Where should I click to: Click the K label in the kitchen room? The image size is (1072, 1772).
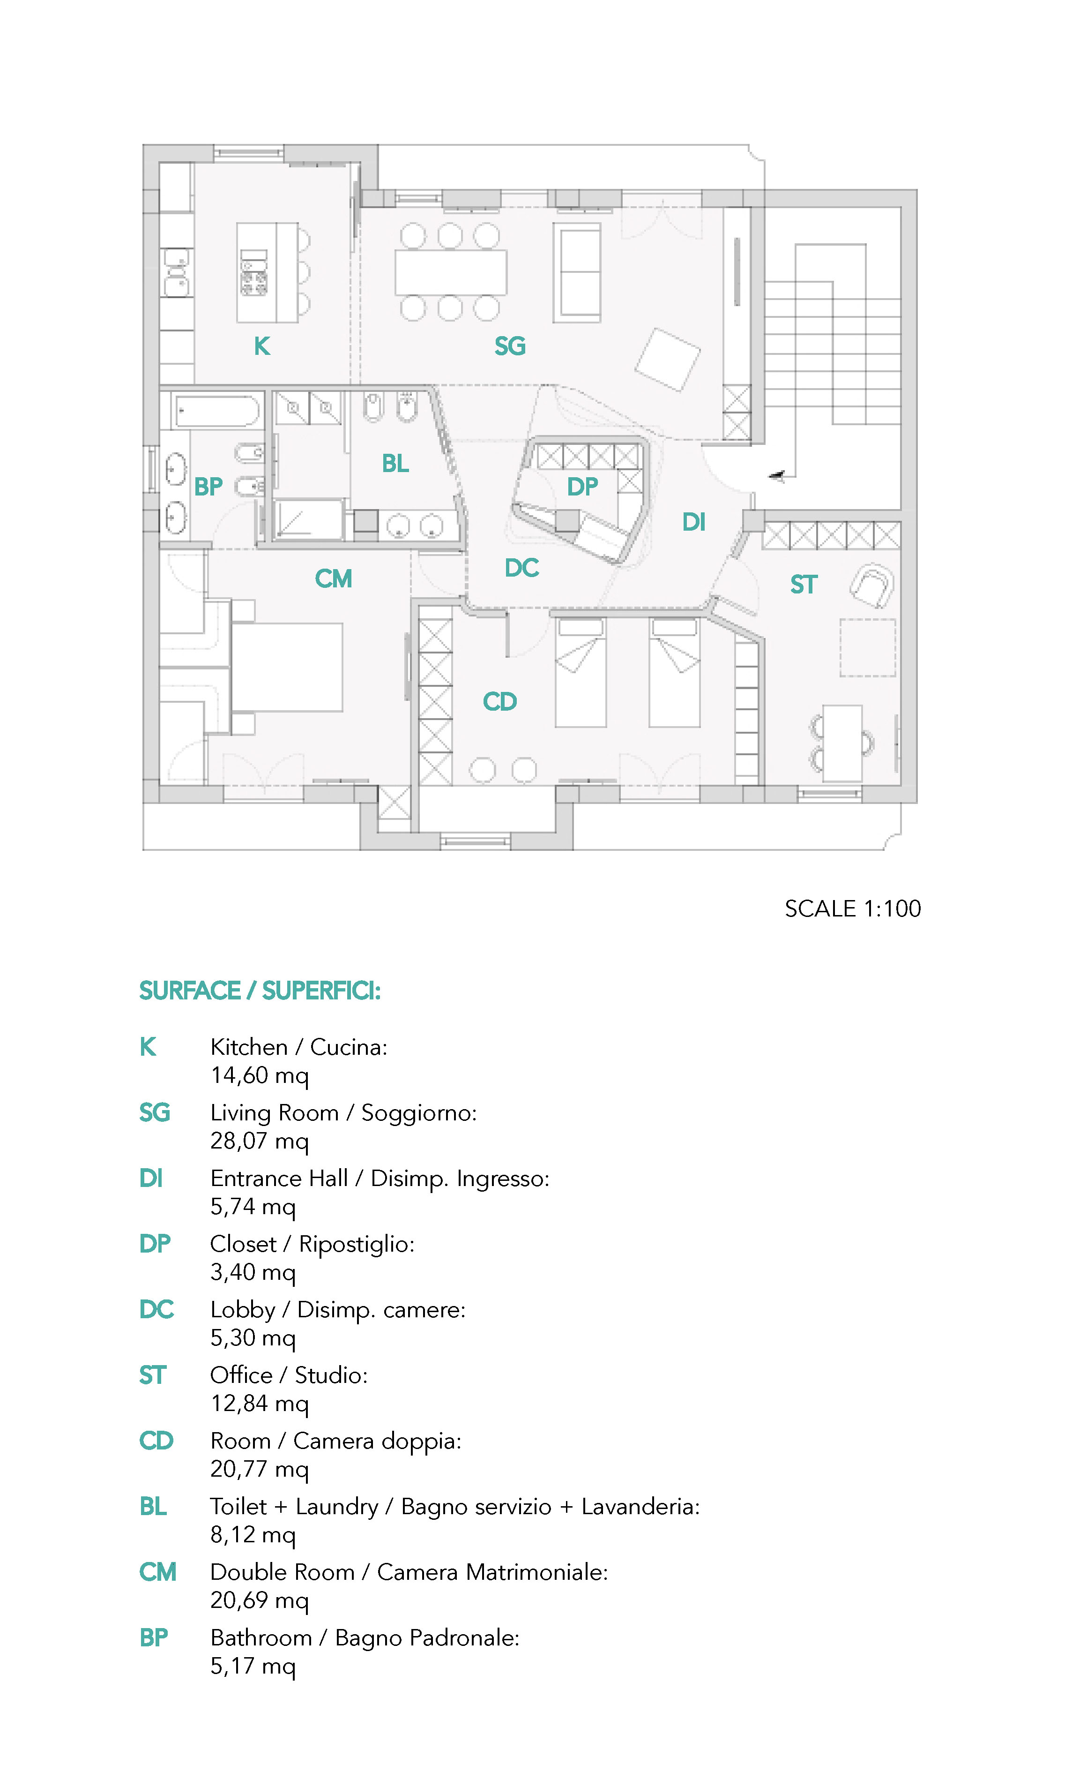click(x=262, y=346)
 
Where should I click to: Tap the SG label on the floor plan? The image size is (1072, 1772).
click(x=510, y=346)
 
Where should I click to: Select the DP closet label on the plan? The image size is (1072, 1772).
click(x=581, y=487)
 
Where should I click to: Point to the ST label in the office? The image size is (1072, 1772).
click(x=803, y=585)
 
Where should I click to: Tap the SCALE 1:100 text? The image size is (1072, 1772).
click(x=852, y=909)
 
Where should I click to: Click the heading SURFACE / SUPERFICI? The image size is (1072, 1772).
click(x=260, y=991)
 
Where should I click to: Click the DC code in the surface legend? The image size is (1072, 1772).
click(x=156, y=1310)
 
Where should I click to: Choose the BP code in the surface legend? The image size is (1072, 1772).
click(x=153, y=1638)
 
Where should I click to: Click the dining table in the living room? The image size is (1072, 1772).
click(x=451, y=272)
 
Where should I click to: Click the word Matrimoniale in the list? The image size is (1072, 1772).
click(x=536, y=1572)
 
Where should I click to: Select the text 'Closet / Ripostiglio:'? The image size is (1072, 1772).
click(x=312, y=1244)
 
